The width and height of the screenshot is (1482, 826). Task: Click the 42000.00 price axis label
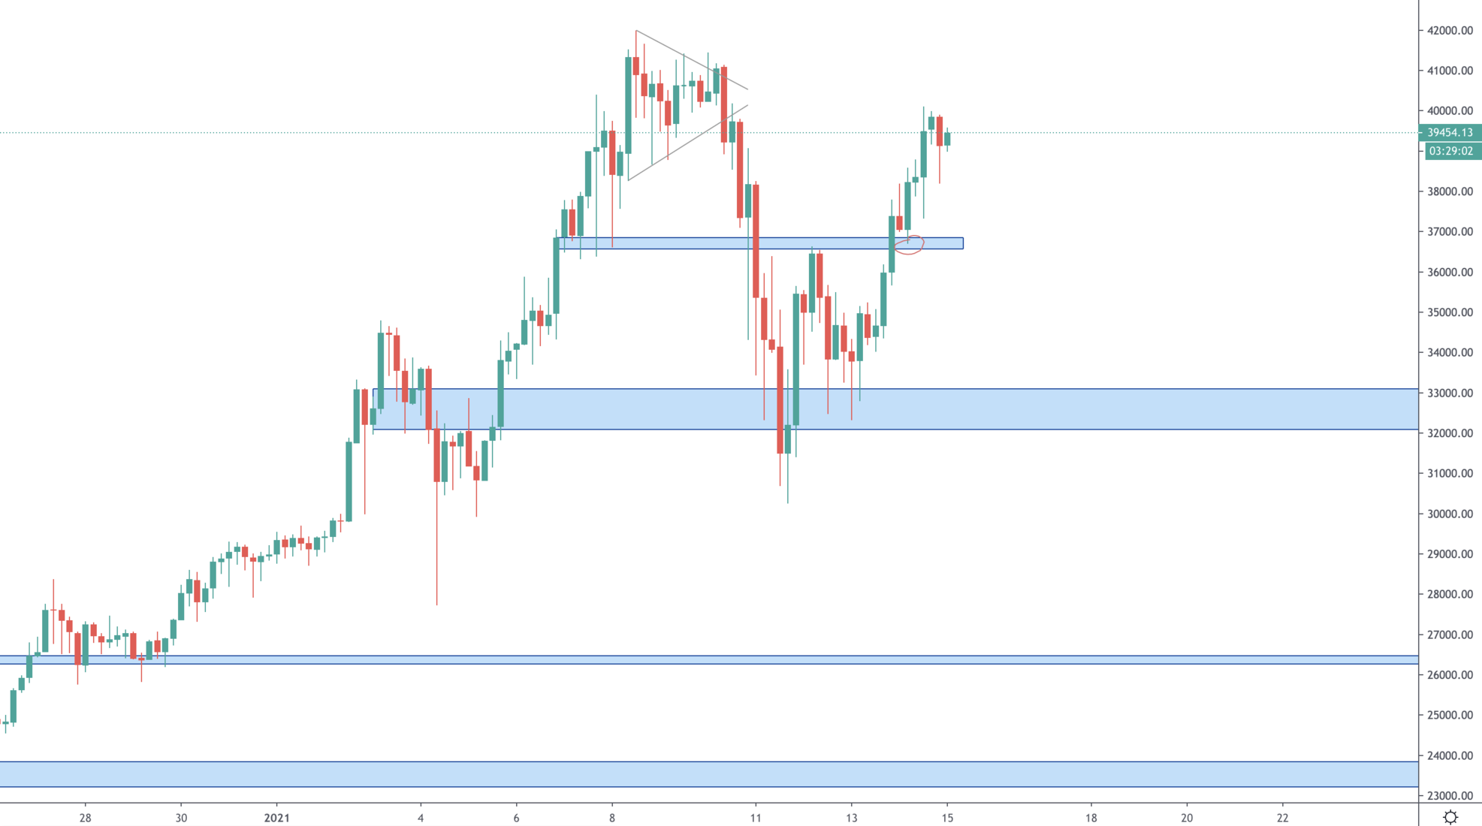click(x=1450, y=31)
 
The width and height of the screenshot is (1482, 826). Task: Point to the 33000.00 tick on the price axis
click(x=1450, y=393)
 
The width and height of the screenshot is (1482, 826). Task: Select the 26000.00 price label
click(x=1450, y=675)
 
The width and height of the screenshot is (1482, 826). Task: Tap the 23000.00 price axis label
click(x=1450, y=796)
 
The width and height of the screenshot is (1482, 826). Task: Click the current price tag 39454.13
click(x=1450, y=133)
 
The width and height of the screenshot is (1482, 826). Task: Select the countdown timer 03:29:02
click(x=1450, y=151)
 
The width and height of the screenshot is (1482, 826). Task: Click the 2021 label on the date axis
click(x=276, y=818)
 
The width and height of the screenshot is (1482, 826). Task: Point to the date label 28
click(x=85, y=818)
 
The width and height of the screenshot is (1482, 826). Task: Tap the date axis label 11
click(x=756, y=818)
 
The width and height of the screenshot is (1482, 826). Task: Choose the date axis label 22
click(x=1282, y=818)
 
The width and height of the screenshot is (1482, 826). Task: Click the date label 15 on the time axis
click(x=947, y=818)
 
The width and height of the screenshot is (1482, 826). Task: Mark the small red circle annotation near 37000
click(x=909, y=245)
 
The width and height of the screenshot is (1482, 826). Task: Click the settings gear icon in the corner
click(x=1450, y=817)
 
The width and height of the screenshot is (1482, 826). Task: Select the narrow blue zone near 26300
click(x=676, y=660)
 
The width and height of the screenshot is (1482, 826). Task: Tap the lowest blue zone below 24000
click(x=676, y=774)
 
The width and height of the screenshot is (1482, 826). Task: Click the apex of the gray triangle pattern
click(x=748, y=98)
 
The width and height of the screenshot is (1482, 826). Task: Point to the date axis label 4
click(x=421, y=818)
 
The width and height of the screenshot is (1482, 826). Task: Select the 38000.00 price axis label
click(x=1450, y=191)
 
